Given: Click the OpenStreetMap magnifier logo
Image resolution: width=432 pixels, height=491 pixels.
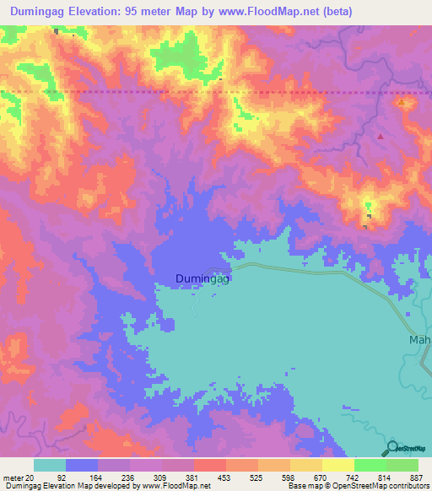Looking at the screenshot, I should click(393, 449).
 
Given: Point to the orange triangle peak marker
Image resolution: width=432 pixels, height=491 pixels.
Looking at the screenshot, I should click(402, 103).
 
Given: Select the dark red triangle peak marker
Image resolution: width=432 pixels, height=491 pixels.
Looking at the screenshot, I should click(381, 136).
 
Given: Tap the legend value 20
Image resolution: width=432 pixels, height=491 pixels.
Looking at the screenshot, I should click(31, 478).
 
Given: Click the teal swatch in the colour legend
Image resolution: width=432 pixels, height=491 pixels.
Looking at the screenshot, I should click(50, 465).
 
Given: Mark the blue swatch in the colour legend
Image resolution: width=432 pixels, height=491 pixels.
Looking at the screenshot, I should click(82, 465).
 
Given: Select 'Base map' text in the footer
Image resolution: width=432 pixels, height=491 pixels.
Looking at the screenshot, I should click(303, 487).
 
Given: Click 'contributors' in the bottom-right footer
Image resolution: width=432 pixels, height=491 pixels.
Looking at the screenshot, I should click(408, 487).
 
